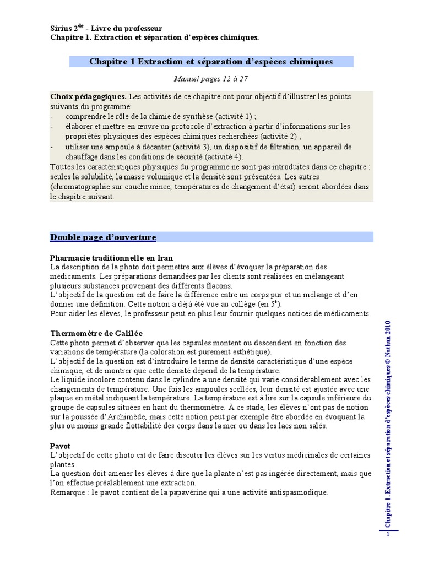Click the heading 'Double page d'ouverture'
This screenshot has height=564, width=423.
[x=103, y=237]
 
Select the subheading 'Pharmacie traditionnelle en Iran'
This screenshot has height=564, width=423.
[x=111, y=258]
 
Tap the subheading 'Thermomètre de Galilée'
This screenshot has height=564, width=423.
[x=96, y=333]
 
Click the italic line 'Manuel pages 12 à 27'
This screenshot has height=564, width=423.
[x=211, y=79]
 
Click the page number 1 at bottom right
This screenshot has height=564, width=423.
[x=388, y=534]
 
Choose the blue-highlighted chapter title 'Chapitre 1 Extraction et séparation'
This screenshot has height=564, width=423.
[x=211, y=62]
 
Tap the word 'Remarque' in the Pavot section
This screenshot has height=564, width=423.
[x=68, y=492]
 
